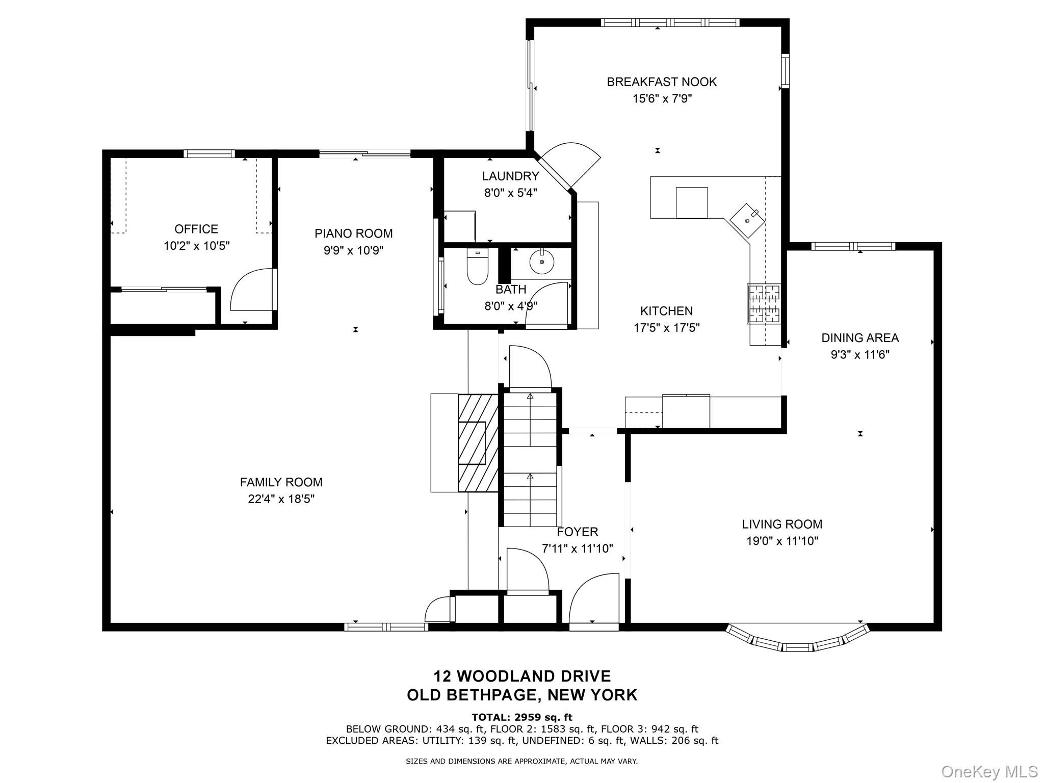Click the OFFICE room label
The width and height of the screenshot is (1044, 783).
pyautogui.click(x=196, y=229)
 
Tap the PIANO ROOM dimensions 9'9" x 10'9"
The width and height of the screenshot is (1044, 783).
pyautogui.click(x=354, y=250)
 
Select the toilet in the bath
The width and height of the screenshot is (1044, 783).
pyautogui.click(x=478, y=266)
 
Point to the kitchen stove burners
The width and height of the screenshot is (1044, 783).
pyautogui.click(x=764, y=304)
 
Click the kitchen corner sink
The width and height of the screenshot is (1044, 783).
pyautogui.click(x=748, y=220)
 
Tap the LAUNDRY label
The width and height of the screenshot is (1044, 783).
pyautogui.click(x=510, y=176)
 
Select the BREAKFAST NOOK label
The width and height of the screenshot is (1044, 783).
pyautogui.click(x=662, y=82)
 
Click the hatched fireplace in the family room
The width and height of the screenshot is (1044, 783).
pyautogui.click(x=478, y=443)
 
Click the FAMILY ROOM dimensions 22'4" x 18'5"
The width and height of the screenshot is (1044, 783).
pyautogui.click(x=281, y=499)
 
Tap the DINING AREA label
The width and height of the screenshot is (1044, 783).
pyautogui.click(x=860, y=337)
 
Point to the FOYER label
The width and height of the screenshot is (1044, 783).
pyautogui.click(x=577, y=532)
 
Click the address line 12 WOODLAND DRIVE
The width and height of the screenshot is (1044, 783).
pyautogui.click(x=522, y=676)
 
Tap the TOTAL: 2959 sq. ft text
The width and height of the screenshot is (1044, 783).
pyautogui.click(x=522, y=718)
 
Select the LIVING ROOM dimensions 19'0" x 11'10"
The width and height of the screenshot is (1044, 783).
pyautogui.click(x=782, y=541)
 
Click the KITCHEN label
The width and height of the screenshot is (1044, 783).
pyautogui.click(x=666, y=311)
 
